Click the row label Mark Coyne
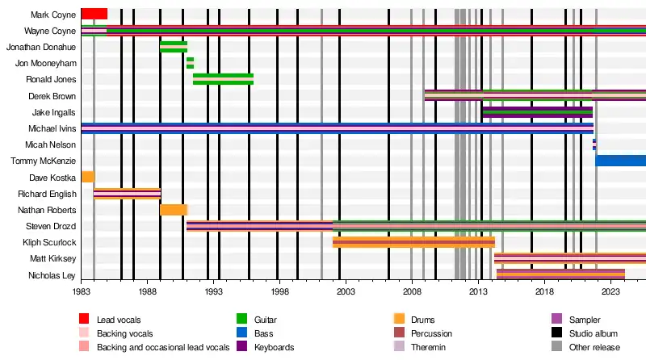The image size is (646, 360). [53, 15]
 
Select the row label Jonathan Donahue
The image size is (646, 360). [41, 47]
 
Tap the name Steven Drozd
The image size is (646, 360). [51, 226]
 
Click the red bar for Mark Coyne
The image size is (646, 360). [94, 14]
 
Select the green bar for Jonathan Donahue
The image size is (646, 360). [174, 47]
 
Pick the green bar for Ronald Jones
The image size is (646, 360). [223, 79]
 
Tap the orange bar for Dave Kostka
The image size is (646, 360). [88, 177]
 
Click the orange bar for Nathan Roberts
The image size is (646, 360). [174, 210]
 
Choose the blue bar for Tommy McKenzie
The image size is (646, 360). [620, 161]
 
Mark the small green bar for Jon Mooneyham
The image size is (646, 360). [190, 63]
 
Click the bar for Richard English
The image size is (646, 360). [127, 194]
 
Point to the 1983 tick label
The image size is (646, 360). [81, 290]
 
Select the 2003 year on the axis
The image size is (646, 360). [346, 290]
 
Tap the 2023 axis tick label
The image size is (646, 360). [611, 290]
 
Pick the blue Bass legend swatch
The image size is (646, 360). [241, 333]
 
